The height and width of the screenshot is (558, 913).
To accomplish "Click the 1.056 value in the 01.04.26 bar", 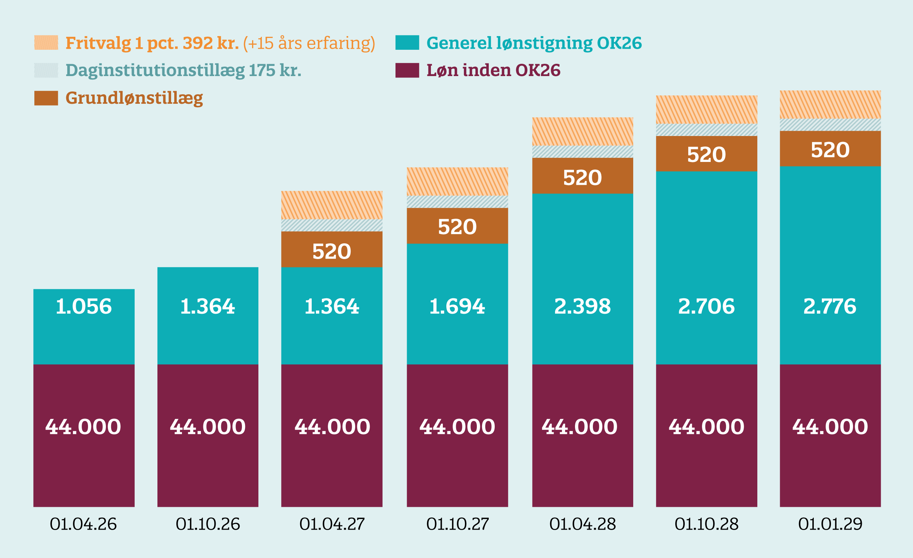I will tap(84, 306).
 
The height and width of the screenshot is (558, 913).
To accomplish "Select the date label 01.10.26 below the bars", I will tap(208, 524).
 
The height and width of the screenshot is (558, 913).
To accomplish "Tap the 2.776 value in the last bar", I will tap(830, 306).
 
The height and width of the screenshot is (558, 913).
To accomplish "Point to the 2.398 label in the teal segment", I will tap(582, 306).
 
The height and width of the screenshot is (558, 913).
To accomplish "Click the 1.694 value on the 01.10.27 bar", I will tap(457, 306).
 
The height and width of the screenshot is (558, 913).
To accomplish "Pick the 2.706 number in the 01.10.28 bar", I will tap(706, 306).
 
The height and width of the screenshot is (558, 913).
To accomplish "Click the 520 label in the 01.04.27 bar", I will tap(332, 252).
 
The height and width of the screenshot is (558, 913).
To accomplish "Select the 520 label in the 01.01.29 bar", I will tap(830, 150).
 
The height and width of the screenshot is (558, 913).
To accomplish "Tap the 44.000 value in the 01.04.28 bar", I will tap(580, 427).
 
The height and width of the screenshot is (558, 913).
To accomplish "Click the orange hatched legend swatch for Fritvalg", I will tap(46, 43).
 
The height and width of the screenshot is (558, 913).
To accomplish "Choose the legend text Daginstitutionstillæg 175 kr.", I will tap(183, 70).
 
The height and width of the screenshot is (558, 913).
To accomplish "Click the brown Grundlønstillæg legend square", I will tap(46, 98).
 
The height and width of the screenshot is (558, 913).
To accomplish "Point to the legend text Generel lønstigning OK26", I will tap(534, 43).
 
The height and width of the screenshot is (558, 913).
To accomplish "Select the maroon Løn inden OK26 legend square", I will tap(407, 70).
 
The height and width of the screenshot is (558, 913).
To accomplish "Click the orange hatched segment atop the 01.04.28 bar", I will tap(582, 131).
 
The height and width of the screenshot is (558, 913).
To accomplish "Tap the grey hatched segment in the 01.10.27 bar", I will tap(457, 202).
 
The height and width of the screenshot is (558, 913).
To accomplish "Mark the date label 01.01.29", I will tap(830, 524).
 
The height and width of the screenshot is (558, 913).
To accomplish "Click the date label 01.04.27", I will tap(332, 524).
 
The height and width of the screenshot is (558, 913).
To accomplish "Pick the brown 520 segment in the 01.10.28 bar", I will tap(706, 154).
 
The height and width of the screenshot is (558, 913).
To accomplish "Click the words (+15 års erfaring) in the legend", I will tap(309, 43).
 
